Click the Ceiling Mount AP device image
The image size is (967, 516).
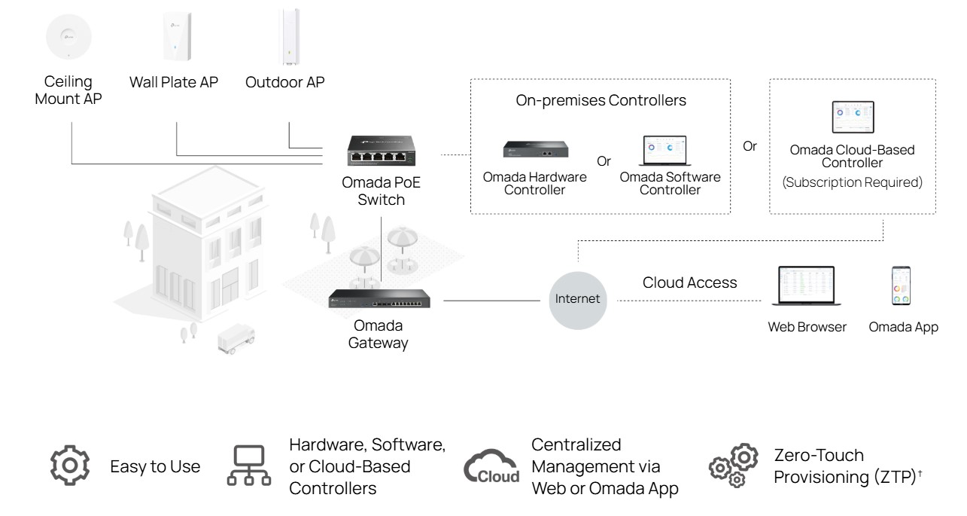68,37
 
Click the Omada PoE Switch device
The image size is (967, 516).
383,151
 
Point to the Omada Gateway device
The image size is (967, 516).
385,299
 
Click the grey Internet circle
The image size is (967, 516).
577,298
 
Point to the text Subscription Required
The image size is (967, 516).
852,182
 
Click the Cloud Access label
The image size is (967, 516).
689,282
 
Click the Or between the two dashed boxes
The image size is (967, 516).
750,146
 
